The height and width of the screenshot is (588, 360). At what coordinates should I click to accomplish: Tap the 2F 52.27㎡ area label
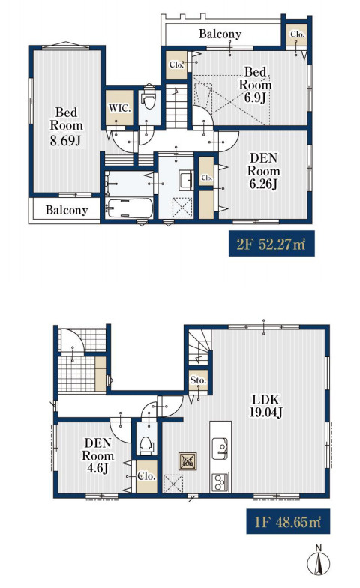[x=271, y=244]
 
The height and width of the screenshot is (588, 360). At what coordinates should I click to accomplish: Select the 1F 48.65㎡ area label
[x=288, y=521]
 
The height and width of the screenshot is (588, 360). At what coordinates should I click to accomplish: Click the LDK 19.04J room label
[x=265, y=406]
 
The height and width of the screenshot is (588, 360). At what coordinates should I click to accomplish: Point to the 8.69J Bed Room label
[x=66, y=126]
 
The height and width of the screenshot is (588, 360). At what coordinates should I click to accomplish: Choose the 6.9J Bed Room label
[x=255, y=85]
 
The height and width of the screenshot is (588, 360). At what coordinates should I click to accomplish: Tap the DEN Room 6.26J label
[x=264, y=171]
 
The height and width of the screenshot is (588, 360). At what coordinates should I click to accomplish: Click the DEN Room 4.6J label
[x=97, y=456]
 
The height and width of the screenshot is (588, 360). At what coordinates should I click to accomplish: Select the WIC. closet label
[x=120, y=108]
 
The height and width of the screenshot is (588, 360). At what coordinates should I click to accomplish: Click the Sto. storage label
[x=198, y=380]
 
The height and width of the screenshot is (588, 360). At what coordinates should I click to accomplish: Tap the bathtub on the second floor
[x=130, y=208]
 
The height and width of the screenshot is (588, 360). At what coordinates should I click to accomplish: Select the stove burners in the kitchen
[x=220, y=481]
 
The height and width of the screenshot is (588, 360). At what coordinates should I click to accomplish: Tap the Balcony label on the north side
[x=220, y=34]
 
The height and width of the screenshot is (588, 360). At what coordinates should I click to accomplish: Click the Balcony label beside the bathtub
[x=67, y=210]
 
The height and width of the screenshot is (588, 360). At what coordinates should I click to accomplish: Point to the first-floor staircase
[x=198, y=346]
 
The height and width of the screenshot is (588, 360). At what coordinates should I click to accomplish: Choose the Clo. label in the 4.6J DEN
[x=147, y=476]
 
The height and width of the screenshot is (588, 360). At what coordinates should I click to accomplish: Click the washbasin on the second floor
[x=185, y=180]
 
